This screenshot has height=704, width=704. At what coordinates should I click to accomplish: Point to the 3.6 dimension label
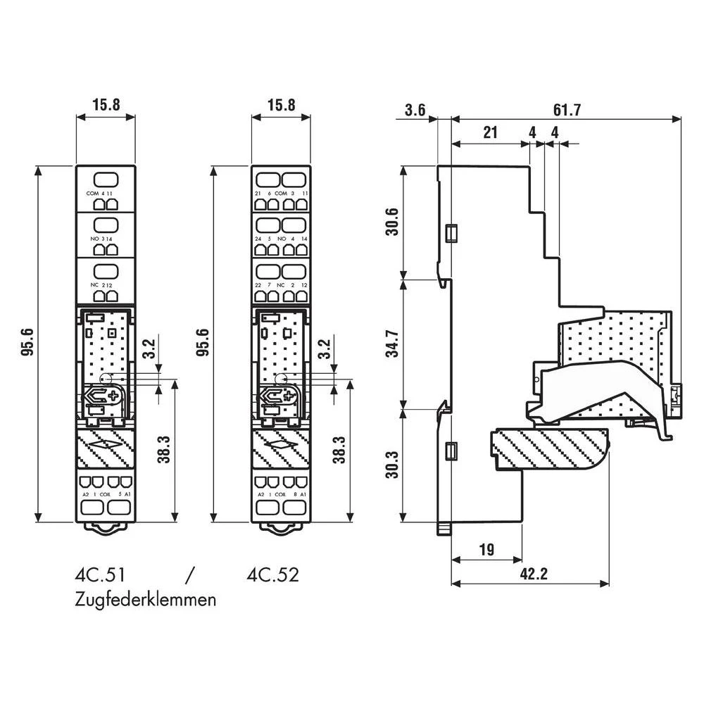point(416,111)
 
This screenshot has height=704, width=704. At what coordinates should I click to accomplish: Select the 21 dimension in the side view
point(490,133)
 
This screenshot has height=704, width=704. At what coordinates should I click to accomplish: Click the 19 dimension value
point(485,549)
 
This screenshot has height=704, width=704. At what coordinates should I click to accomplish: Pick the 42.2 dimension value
point(533,574)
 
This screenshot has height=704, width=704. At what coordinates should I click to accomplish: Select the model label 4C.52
point(273,574)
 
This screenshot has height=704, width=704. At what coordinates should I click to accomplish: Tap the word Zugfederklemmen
point(145,600)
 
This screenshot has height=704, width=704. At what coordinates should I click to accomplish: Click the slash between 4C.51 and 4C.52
point(188,574)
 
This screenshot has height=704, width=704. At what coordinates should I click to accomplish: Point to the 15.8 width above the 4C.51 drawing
point(106,104)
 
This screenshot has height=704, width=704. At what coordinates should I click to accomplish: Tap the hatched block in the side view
point(549,449)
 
